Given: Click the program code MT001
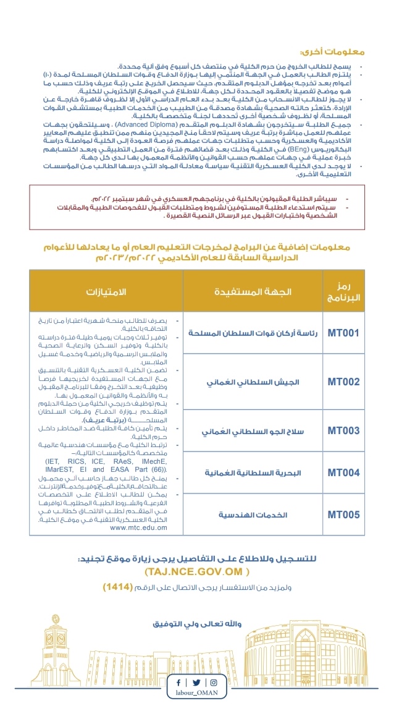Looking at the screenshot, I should point(343,333).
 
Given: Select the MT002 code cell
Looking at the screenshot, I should point(343,381).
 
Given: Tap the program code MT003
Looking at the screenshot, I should point(343,430).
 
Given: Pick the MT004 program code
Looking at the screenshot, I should point(343,472).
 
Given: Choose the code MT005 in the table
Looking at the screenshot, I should point(343,514).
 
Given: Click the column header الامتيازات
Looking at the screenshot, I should point(105,291).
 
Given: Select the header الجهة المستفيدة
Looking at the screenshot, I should point(253,291).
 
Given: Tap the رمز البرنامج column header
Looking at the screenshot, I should point(345,291).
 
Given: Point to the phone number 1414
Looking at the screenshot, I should point(117,586).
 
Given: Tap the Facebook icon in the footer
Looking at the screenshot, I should point(179,683).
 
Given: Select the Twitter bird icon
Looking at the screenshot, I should point(196,683).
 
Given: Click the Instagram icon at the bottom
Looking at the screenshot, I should point(214,683).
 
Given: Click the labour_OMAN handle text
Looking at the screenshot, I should point(196,694).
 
